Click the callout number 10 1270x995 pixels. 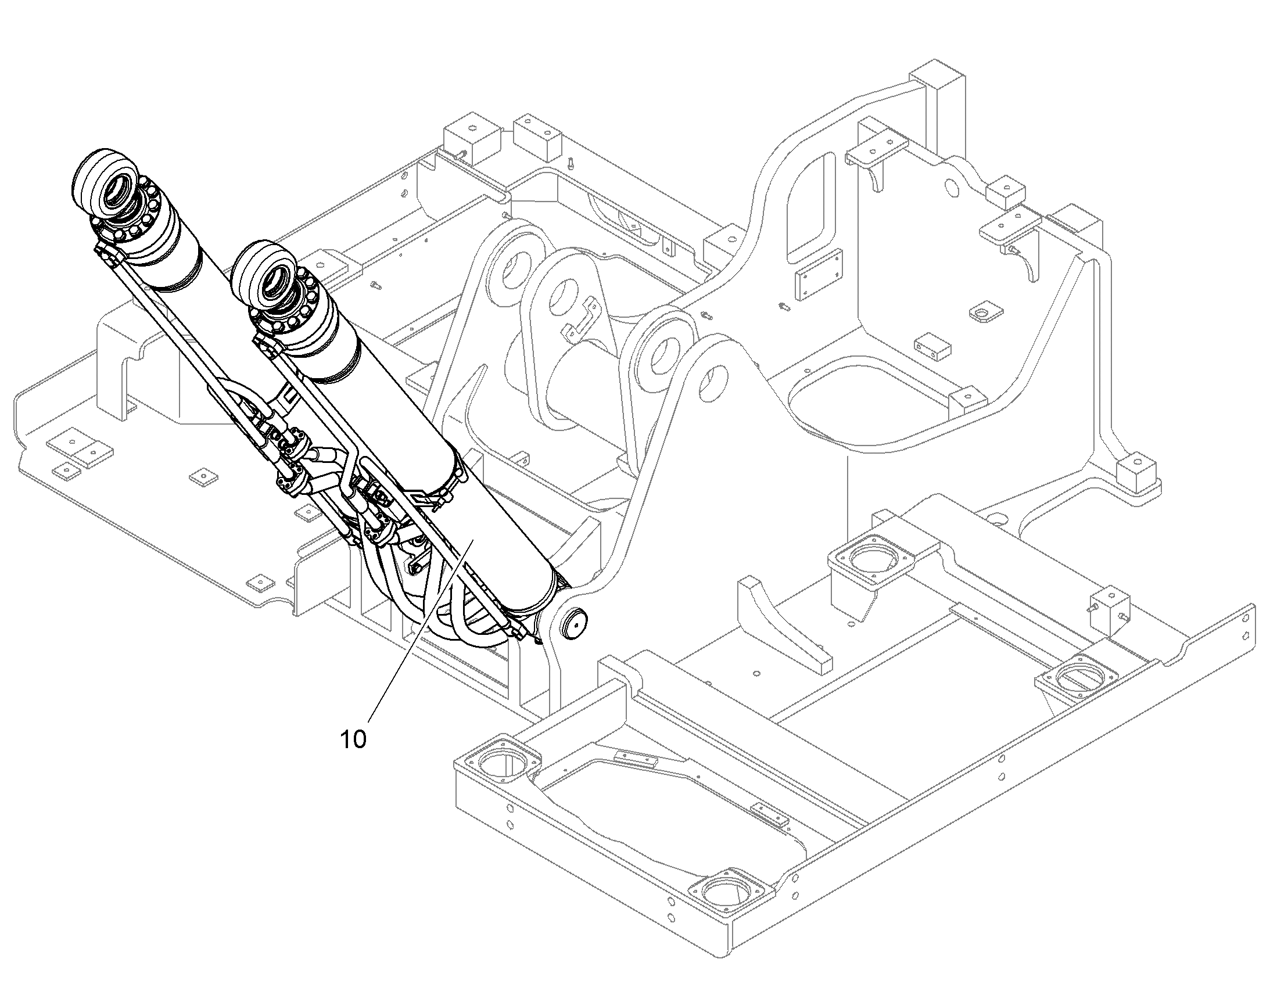353,739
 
